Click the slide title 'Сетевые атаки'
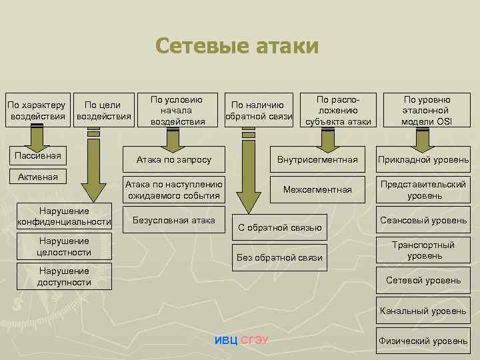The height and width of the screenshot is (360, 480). (x=237, y=46)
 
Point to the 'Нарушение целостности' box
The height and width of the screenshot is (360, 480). (x=64, y=246)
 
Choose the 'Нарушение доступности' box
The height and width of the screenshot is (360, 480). (x=64, y=276)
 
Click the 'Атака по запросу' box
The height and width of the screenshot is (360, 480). (x=174, y=159)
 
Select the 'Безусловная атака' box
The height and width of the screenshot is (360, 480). (x=174, y=219)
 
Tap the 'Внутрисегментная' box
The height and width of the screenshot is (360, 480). (x=317, y=159)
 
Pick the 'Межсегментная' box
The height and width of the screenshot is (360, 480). (x=317, y=189)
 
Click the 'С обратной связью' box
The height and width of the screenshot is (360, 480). (x=280, y=227)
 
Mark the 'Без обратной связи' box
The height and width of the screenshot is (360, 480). (x=280, y=257)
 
